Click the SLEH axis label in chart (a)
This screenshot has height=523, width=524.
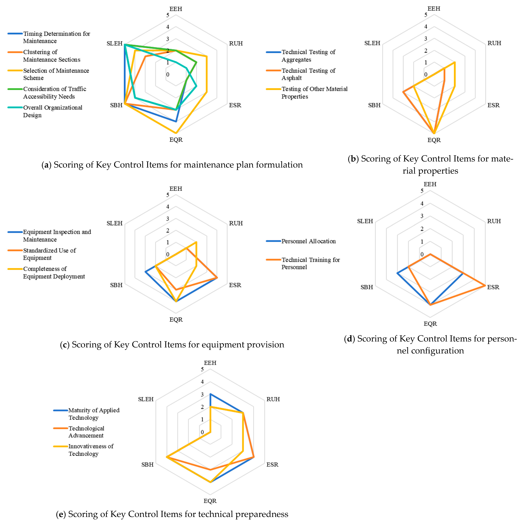point(114,43)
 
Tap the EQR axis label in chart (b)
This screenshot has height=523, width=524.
point(434,140)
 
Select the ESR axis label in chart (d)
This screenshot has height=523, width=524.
point(493,287)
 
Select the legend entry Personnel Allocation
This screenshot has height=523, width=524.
point(308,241)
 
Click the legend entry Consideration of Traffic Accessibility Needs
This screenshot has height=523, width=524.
point(54,93)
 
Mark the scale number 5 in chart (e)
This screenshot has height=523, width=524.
point(202,369)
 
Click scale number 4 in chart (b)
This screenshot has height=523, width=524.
point(426,27)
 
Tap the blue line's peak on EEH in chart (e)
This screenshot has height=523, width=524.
point(210,394)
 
